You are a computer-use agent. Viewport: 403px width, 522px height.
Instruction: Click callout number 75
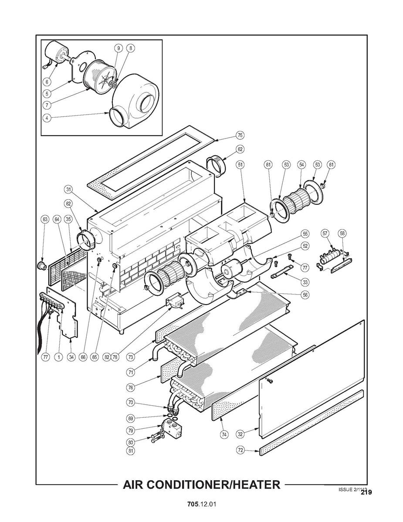[240, 135]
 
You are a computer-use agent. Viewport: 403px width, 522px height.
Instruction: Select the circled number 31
[68, 189]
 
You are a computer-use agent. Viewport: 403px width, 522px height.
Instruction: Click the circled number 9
[117, 48]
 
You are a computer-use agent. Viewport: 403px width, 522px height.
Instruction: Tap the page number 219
[366, 492]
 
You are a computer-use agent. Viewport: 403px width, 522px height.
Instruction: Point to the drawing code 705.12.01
[201, 504]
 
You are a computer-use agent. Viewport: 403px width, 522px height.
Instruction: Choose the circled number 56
[305, 295]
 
